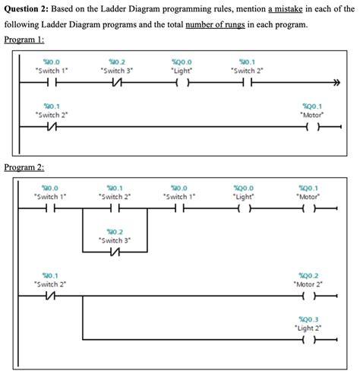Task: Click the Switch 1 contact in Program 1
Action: pos(51,84)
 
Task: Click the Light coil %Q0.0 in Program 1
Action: pos(182,84)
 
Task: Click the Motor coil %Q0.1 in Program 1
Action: pos(311,128)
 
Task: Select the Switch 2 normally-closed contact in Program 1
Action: pos(51,128)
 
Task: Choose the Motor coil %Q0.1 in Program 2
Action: pos(308,208)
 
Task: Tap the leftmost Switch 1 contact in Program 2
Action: pos(51,208)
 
